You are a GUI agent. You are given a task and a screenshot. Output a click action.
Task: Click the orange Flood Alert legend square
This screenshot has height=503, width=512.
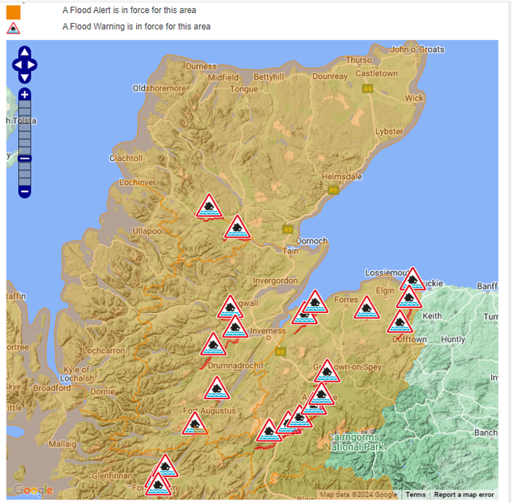coord(13,11)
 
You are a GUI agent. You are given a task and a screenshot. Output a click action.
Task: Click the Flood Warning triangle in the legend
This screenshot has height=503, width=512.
coord(13,28)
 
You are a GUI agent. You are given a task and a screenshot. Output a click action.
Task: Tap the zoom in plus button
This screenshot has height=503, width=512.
coord(25,95)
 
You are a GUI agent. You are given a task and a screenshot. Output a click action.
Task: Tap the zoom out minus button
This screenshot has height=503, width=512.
coord(25,191)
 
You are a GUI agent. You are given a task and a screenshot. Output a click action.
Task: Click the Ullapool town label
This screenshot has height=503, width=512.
coord(150,231)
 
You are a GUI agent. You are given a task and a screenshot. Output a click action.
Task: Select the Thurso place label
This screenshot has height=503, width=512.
coord(359,60)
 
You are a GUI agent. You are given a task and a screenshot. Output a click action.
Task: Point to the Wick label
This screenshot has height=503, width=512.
coord(414,98)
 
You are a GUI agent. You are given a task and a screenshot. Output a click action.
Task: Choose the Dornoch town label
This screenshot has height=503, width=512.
coord(312,241)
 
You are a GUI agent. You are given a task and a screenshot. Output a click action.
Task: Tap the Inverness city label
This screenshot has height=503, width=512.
coord(268,331)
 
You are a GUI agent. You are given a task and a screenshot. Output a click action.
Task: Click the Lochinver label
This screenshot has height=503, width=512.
coord(138,183)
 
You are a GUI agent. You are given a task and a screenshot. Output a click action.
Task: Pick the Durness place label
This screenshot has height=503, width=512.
coord(201,67)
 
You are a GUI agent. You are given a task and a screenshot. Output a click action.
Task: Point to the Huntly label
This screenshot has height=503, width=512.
coord(453,339)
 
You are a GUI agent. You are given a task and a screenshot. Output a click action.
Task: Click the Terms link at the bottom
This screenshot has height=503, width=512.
coord(415,495)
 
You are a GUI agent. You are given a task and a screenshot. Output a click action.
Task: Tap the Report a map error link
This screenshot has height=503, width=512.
coord(463,495)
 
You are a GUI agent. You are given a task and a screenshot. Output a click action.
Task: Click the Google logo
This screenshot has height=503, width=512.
coord(33,491)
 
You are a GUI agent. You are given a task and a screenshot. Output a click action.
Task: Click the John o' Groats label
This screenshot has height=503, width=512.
coord(416,49)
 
